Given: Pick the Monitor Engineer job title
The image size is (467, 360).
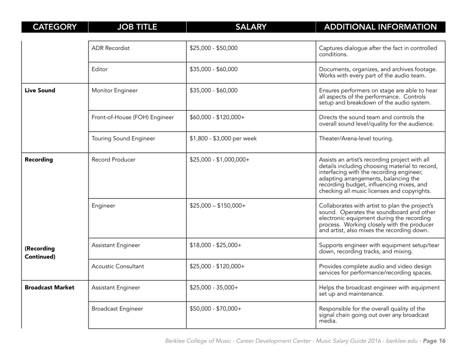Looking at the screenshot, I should (116, 90).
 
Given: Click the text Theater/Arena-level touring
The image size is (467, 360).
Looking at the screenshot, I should (358, 141).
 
